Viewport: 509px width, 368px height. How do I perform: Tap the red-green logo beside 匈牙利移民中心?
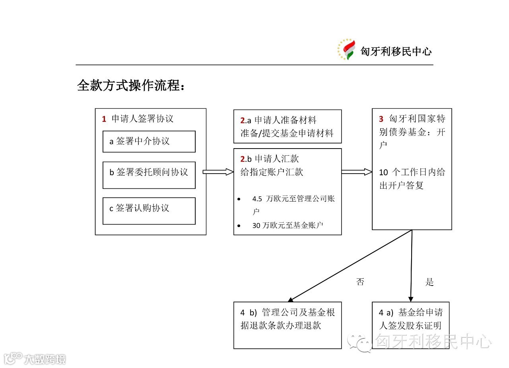tap(346, 50)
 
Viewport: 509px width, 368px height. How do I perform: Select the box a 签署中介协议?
tap(149, 141)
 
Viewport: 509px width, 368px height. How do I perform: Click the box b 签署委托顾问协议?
tap(149, 175)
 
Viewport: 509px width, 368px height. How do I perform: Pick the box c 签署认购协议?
tap(149, 211)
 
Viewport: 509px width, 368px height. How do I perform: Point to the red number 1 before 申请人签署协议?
tap(104, 119)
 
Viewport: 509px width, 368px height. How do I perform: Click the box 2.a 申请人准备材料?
tap(287, 126)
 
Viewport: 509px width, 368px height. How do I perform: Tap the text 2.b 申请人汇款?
tap(270, 159)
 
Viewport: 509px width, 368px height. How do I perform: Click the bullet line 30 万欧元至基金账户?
tap(288, 225)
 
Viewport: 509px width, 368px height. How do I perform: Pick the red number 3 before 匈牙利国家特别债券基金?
tap(381, 119)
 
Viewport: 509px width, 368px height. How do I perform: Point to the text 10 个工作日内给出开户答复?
tap(412, 179)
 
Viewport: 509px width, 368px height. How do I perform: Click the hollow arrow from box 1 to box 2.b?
tap(218, 172)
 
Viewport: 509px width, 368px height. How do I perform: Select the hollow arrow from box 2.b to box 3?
tap(356, 172)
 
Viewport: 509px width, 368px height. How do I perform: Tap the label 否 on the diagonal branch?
tap(360, 282)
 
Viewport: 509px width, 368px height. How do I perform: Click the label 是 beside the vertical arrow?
tap(429, 282)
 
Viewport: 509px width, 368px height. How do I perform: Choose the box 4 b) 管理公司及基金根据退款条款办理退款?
tap(287, 325)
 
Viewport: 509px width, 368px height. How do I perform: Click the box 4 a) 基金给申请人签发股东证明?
tap(410, 325)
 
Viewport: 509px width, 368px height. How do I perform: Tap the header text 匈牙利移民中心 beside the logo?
tap(396, 51)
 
